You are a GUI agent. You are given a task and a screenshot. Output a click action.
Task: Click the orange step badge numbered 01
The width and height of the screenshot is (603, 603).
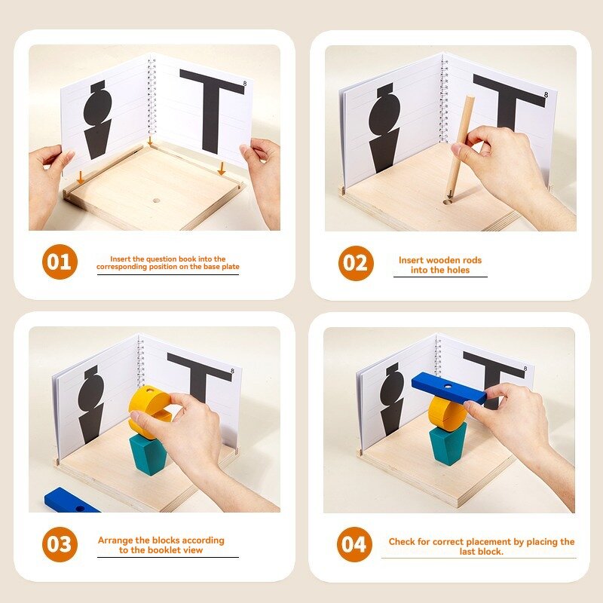tap(60, 262)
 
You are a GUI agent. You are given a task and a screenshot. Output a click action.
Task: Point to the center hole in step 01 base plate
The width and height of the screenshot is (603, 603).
tap(157, 201)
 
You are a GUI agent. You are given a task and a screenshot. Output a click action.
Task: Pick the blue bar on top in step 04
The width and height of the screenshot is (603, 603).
tap(449, 387)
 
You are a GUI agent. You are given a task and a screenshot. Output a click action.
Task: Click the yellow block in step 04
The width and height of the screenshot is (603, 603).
tap(447, 412)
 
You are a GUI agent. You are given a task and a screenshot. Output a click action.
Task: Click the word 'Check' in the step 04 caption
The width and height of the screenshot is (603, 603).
tap(403, 541)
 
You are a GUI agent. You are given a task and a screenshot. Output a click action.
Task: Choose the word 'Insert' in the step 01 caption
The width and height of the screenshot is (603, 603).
tap(123, 259)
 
